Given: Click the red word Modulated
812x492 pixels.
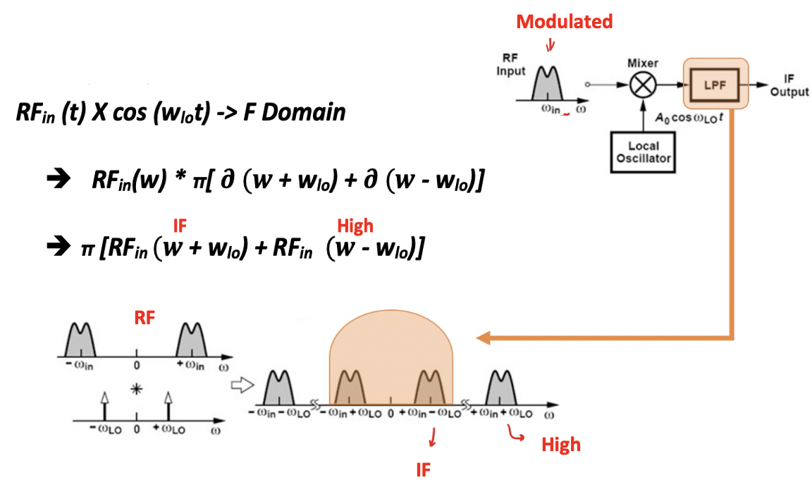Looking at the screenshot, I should (x=564, y=22).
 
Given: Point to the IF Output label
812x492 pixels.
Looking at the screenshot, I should (x=789, y=85).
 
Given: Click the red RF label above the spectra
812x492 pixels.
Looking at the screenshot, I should (x=144, y=319).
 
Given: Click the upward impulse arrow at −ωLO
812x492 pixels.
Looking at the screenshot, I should (x=104, y=406).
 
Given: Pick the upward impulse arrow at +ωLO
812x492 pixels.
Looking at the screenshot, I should (x=168, y=406).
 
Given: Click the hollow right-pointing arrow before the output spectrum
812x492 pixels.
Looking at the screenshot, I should (x=240, y=385).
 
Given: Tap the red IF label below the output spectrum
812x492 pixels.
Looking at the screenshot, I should (x=422, y=470).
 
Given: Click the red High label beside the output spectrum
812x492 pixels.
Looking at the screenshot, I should (x=561, y=444).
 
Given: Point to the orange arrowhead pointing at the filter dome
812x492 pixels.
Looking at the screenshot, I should (x=484, y=338).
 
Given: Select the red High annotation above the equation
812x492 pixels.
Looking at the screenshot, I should (x=355, y=226).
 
